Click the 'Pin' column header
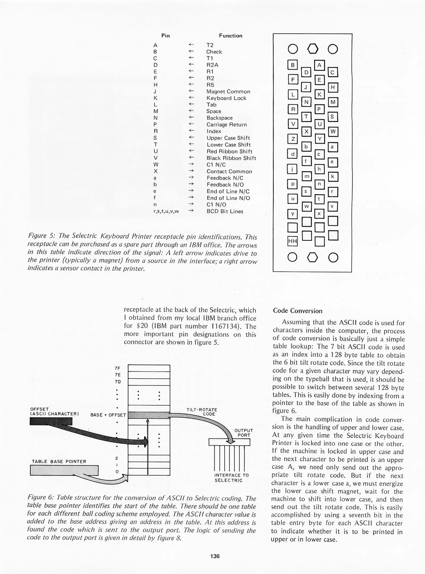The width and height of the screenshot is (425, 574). click(x=165, y=36)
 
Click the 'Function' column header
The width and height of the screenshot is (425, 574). click(x=230, y=36)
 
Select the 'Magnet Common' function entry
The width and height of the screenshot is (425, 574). click(x=228, y=91)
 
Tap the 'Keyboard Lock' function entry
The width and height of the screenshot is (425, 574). click(x=226, y=98)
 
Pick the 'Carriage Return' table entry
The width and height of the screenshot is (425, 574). click(x=226, y=125)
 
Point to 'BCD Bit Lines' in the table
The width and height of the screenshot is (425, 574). click(x=225, y=211)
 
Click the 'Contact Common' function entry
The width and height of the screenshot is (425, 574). click(x=229, y=171)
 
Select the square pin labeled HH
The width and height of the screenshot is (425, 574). click(x=293, y=241)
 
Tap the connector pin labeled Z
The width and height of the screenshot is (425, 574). click(x=293, y=139)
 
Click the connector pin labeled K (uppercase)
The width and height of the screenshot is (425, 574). click(x=319, y=94)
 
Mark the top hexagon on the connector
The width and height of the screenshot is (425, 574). click(x=313, y=49)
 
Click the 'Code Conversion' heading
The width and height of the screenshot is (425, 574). click(x=297, y=311)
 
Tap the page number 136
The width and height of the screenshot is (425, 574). click(x=214, y=556)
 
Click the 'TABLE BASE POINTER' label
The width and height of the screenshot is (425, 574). click(x=59, y=462)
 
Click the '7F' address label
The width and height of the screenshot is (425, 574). click(x=117, y=368)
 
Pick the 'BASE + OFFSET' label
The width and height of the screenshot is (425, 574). click(x=108, y=415)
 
